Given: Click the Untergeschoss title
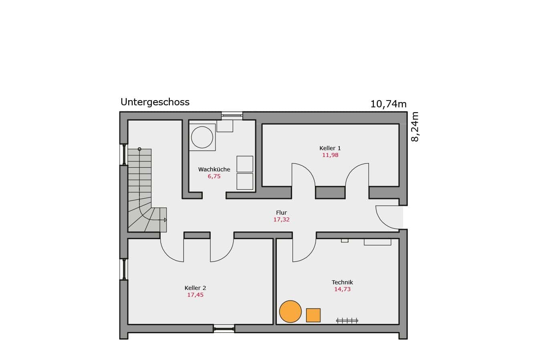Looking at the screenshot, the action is coord(155,102).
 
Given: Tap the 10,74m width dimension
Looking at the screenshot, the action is coord(388,104).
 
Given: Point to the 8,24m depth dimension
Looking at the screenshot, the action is coord(415,127).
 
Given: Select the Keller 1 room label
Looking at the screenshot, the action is coord(330,148).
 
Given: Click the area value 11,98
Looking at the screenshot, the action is coord(330,155).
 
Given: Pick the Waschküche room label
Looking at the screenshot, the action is coord(214,169).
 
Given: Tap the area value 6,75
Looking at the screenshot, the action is coord(214,176).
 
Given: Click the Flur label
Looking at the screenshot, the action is coord(281,213).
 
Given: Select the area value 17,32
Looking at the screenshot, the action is coord(281,219).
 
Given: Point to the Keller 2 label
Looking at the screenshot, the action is coord(195,288).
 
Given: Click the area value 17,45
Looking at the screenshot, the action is coord(195,295).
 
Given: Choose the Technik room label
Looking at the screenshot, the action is coord(342,282).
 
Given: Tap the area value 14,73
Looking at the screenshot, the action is coord(343,289).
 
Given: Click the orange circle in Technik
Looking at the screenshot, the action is coord(290,311).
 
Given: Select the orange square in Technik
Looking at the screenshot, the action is coord(313,315).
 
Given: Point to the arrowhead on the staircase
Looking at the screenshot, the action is coord(165,220).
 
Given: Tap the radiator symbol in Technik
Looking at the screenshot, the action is coord(347,320).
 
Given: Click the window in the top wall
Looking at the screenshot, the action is coord(232,116).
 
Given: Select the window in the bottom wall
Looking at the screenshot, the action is coord(224,329).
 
